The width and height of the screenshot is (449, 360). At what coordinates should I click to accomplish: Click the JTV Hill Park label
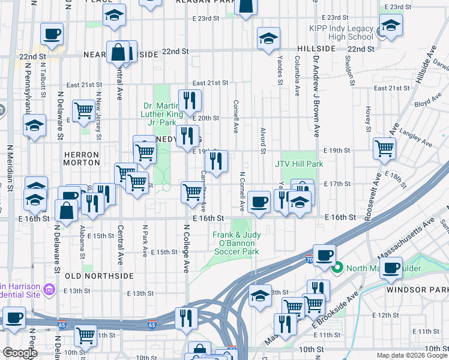point(299,164)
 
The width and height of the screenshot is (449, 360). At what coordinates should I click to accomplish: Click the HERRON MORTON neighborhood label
point(82,158)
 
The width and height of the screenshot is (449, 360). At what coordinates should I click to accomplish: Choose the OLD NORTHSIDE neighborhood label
point(98,276)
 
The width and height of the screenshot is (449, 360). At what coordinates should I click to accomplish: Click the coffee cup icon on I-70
point(325,255)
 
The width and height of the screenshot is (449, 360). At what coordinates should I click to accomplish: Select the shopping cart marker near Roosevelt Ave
point(384,147)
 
